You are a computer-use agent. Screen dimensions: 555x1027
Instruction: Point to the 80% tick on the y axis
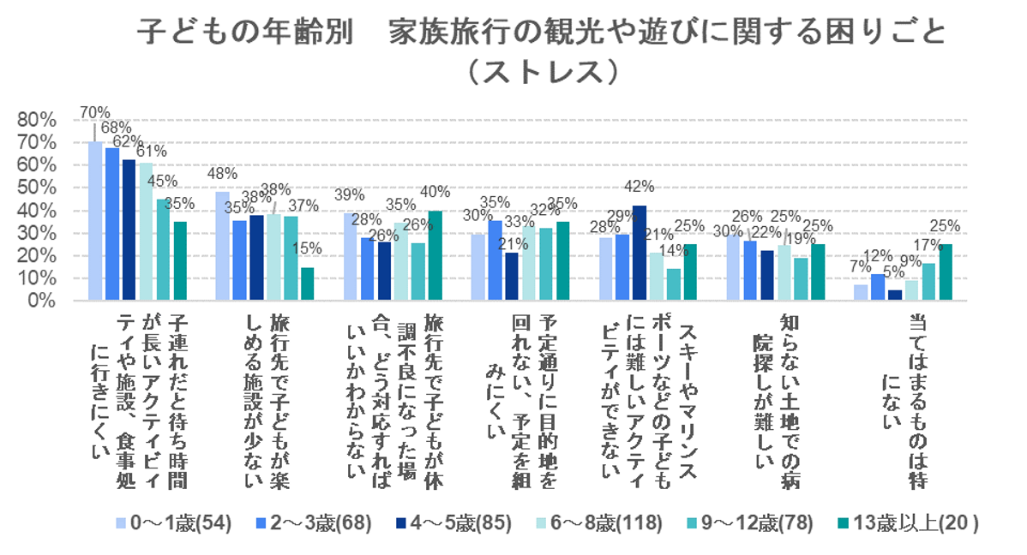click(x=37, y=119)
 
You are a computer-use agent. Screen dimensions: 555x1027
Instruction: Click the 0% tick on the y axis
click(x=41, y=301)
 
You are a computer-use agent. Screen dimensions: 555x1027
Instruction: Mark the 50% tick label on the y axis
click(x=37, y=188)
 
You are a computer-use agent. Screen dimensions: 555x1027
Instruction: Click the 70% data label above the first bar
click(x=93, y=112)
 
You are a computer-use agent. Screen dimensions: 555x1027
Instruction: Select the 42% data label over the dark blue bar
click(x=640, y=186)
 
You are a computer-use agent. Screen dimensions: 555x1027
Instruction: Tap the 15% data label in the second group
click(x=308, y=248)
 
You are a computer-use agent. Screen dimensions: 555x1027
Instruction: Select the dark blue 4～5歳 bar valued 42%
click(x=640, y=253)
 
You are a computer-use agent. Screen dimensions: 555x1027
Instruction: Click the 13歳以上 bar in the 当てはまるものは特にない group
click(x=946, y=272)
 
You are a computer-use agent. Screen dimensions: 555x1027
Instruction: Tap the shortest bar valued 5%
click(x=894, y=295)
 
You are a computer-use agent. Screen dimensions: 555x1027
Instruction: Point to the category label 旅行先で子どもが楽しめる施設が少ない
click(x=265, y=403)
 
